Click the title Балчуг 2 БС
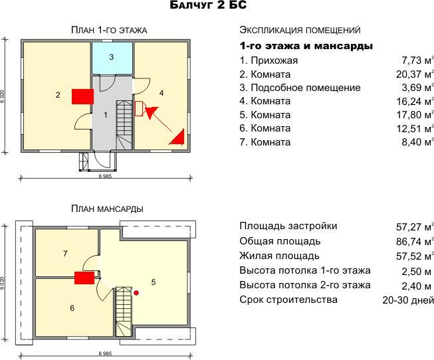208,5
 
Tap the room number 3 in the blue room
111,57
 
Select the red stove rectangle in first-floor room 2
82,96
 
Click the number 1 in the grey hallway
106,115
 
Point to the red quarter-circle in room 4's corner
177,137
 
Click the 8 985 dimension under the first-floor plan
105,176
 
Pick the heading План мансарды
107,209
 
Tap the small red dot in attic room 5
136,293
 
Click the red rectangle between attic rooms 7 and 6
84,278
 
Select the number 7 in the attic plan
65,254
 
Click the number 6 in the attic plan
72,308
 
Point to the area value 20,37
408,74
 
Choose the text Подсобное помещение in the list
306,88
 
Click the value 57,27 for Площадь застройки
408,227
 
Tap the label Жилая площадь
279,256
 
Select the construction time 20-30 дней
408,300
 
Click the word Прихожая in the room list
274,60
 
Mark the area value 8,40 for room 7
411,142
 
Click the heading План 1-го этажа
109,30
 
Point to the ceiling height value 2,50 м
416,272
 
